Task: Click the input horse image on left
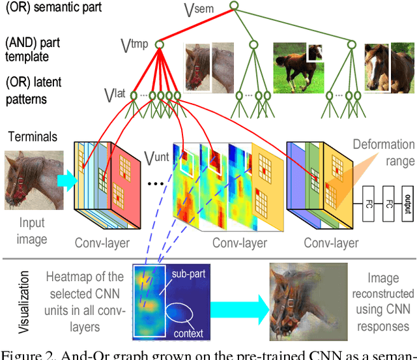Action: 33,181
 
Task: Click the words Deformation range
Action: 383,152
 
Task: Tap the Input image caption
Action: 33,231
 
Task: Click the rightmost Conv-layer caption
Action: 331,243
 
